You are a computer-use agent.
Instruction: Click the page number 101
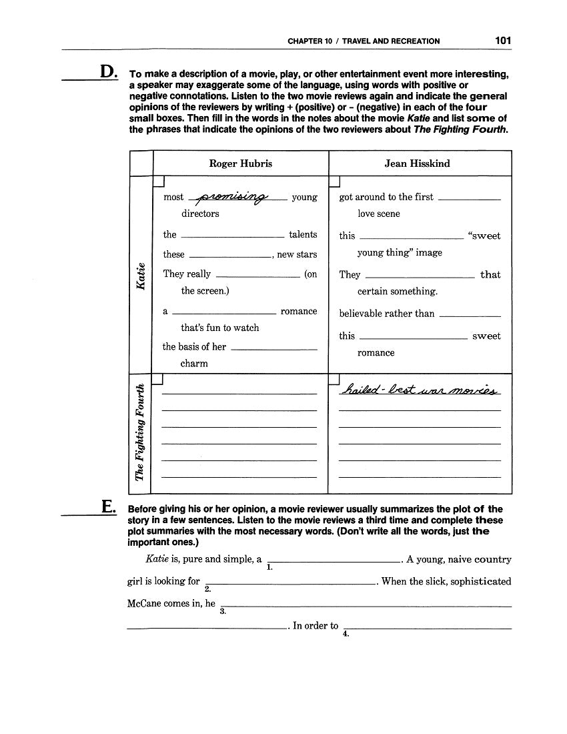pos(503,41)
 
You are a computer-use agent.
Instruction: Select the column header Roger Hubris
pos(241,163)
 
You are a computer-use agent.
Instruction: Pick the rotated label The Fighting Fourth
pos(140,433)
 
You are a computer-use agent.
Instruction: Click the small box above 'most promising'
pos(159,181)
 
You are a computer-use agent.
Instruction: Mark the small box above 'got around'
pos(334,181)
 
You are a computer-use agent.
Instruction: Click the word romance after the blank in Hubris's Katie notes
pos(299,312)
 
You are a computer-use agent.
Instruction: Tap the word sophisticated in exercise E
pos(479,581)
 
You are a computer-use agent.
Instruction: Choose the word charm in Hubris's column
pos(194,364)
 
